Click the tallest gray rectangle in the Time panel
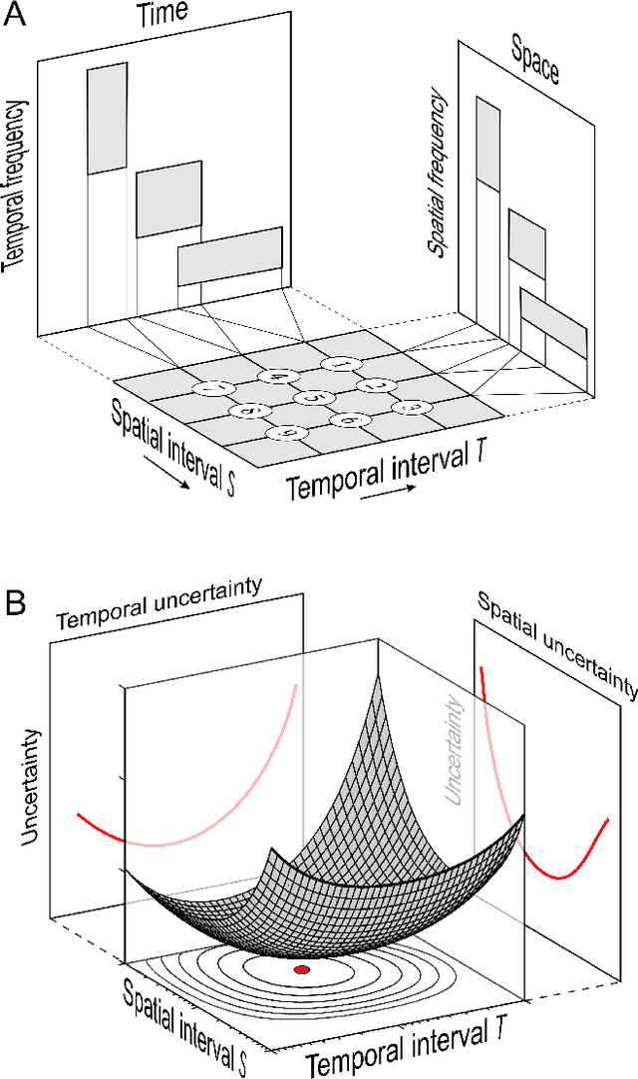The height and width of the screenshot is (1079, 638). (108, 119)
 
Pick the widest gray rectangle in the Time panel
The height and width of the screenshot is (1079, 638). (229, 256)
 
